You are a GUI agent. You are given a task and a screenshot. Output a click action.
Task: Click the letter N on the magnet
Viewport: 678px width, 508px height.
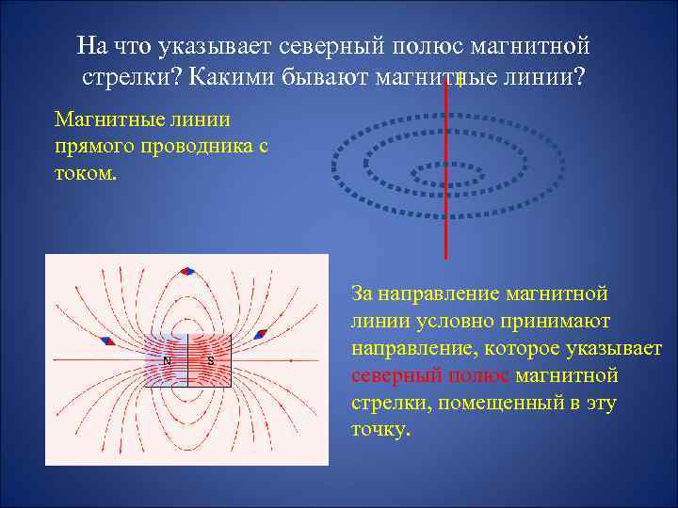[x=167, y=361]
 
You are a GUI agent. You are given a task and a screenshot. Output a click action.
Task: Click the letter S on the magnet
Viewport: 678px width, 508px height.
[x=210, y=361]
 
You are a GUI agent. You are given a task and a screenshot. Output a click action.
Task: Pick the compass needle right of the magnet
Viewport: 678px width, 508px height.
[x=261, y=334]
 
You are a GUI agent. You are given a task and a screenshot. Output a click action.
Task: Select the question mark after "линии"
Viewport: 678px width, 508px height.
[x=575, y=76]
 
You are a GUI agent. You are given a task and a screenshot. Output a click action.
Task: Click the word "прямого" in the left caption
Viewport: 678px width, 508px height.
[x=93, y=146]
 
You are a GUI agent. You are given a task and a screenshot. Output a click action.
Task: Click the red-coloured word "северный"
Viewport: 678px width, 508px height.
[x=393, y=376]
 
